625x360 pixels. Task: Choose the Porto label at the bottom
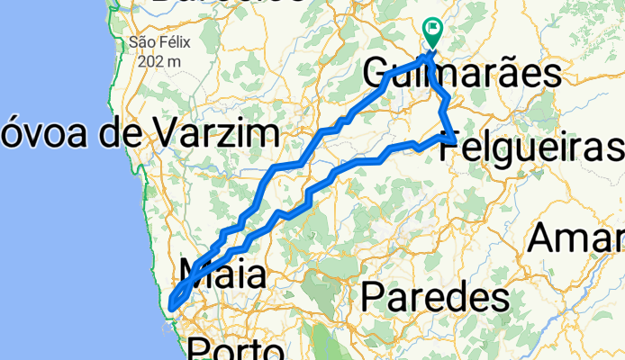(237, 349)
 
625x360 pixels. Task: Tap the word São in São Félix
(142, 41)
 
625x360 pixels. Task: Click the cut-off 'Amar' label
(576, 238)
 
